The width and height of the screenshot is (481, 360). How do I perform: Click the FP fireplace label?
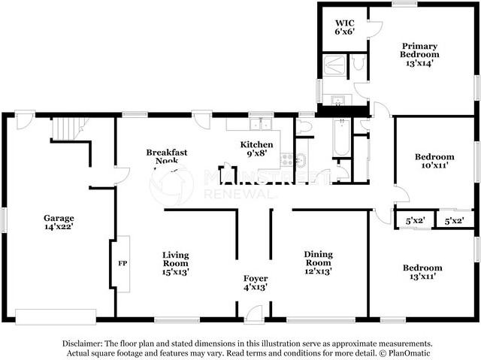point(123,263)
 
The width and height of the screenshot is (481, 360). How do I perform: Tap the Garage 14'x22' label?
point(59,222)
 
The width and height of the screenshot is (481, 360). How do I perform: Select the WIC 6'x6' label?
point(345,27)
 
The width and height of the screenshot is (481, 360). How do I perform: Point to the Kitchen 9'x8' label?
point(256,149)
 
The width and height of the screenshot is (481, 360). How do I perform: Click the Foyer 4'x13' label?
point(256,283)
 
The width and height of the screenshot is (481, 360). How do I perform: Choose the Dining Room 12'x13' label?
point(318,263)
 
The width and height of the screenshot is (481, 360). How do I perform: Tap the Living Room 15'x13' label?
point(175,264)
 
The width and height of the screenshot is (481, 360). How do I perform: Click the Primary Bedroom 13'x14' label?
point(419,55)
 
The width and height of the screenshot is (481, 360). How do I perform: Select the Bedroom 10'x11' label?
point(434,161)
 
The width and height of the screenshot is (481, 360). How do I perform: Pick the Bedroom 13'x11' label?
point(422,272)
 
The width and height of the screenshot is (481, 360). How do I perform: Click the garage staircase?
point(68,129)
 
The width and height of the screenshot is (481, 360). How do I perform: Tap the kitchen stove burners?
point(287,160)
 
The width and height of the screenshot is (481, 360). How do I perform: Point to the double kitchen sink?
point(261,124)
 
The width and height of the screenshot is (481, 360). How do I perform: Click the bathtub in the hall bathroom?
point(341,138)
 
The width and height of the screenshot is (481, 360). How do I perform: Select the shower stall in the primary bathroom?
point(334,65)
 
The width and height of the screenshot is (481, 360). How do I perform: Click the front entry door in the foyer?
point(254,313)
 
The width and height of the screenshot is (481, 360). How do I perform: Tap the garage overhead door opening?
point(56,316)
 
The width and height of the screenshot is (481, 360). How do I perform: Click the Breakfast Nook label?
point(167,156)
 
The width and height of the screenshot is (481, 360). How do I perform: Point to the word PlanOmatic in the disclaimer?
point(409,353)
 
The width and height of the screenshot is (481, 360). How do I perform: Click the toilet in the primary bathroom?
point(358,62)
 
